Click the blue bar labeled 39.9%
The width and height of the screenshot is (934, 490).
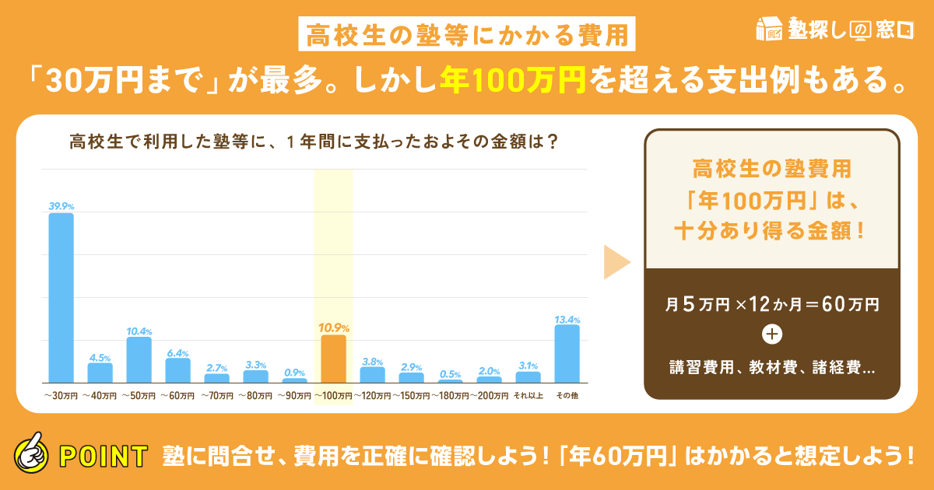[61, 297]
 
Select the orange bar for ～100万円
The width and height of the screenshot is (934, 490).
[333, 359]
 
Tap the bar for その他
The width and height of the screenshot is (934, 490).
[567, 353]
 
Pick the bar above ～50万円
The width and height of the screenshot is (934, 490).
[139, 359]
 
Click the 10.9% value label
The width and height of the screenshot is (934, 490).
[334, 327]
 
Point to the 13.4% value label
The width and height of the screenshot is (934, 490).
[567, 318]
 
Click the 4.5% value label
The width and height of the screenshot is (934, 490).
[100, 357]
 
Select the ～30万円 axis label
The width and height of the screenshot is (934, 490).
[61, 396]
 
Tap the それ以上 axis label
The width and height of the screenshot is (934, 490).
[528, 396]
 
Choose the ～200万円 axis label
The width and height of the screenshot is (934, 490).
[489, 396]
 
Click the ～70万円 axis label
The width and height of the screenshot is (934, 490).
[216, 396]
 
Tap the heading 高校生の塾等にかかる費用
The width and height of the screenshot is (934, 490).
[467, 33]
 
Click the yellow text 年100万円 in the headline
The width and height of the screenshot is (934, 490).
[512, 79]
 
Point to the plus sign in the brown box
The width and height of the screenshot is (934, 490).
[772, 334]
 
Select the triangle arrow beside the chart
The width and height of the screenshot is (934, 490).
[616, 263]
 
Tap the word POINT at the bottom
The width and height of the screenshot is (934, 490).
[104, 455]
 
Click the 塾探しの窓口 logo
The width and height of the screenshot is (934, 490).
[834, 30]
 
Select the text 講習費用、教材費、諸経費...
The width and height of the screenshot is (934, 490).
[771, 367]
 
